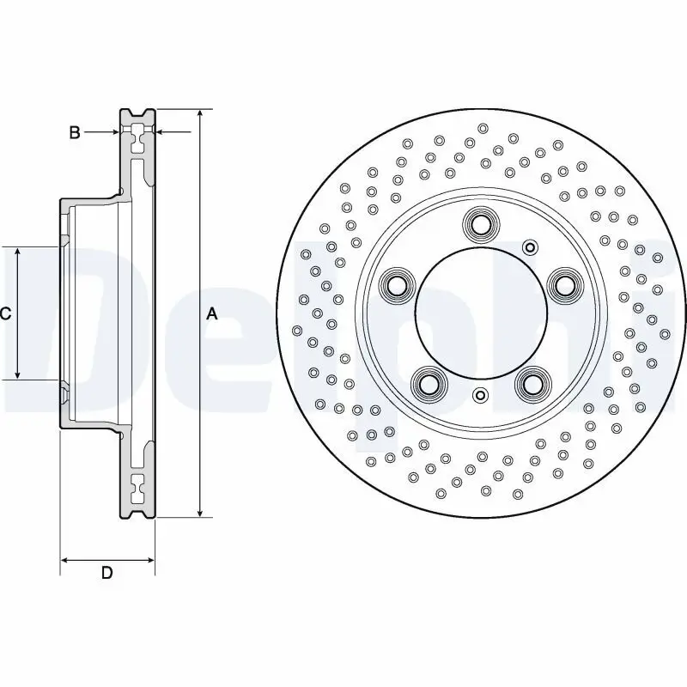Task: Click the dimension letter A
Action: click(212, 314)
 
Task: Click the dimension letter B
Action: click(75, 132)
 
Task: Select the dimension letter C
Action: click(5, 314)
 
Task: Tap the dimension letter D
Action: click(106, 573)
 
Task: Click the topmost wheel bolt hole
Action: click(480, 225)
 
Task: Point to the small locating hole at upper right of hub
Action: click(529, 249)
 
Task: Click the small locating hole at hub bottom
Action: click(480, 396)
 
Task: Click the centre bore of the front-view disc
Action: click(480, 313)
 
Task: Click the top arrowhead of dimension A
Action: click(200, 113)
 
